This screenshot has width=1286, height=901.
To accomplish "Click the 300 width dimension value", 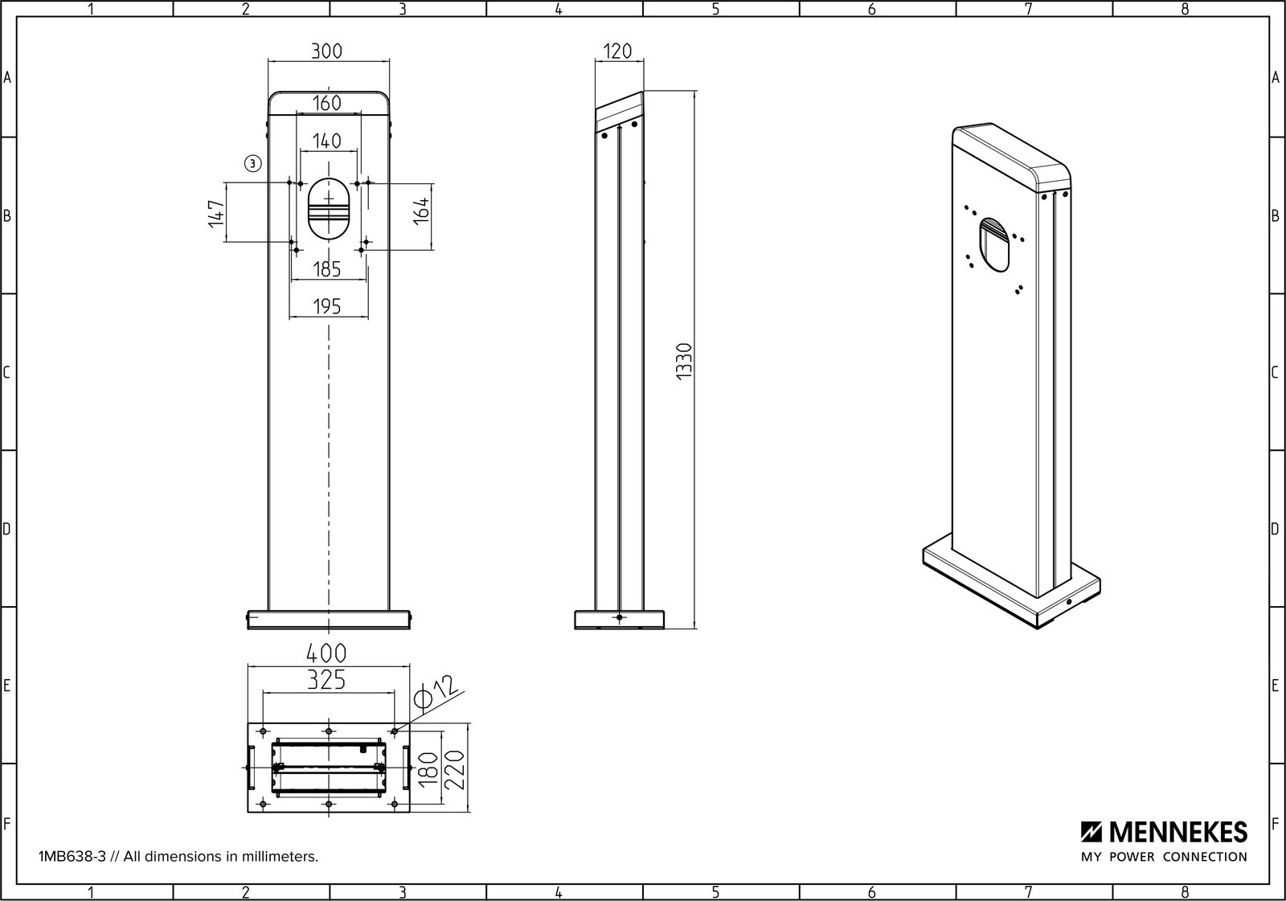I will tap(326, 51).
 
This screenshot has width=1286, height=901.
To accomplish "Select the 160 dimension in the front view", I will tap(326, 103).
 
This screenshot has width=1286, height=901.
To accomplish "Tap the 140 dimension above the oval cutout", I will tap(326, 141).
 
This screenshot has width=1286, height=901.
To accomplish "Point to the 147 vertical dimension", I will tap(215, 213).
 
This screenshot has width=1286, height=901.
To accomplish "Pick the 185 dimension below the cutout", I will tap(326, 269).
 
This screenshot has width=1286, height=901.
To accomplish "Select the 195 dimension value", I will tap(326, 306).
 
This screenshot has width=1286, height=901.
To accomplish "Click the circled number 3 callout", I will tap(252, 163).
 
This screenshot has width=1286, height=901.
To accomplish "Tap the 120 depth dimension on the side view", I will tap(616, 51).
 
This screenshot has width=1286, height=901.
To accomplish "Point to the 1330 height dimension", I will tap(683, 361).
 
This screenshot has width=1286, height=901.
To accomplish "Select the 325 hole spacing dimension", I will tap(326, 681).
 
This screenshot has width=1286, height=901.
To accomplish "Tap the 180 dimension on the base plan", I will tap(428, 768).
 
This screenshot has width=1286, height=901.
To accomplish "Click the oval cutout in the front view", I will tap(329, 209).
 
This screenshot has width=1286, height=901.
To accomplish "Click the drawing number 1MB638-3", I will tap(71, 857).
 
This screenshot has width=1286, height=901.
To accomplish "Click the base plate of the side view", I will tap(619, 620).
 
